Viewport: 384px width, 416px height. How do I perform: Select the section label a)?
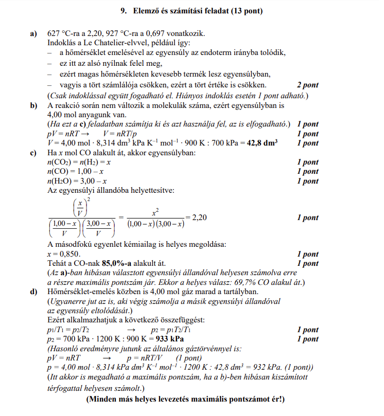(x=34, y=34)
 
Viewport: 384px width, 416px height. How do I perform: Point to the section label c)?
(x=34, y=153)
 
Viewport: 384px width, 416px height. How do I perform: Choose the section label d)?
(x=34, y=292)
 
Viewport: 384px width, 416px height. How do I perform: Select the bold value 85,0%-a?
(x=119, y=263)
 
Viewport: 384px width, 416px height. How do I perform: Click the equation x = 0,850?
(x=63, y=254)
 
